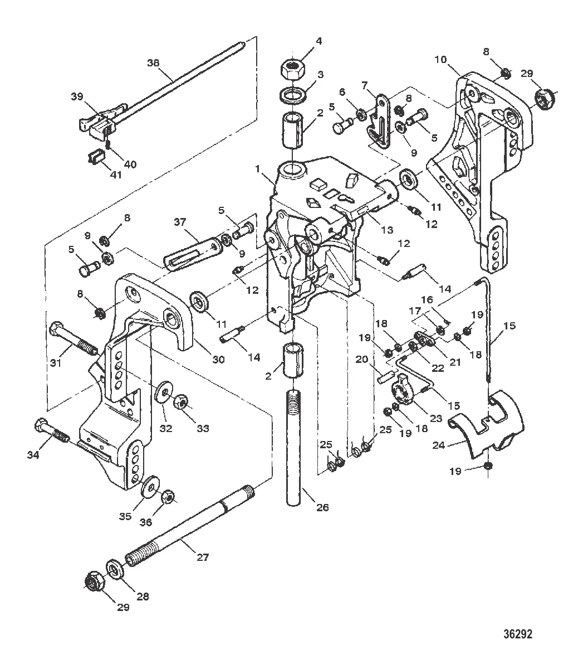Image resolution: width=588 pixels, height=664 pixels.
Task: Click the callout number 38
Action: tap(153, 62)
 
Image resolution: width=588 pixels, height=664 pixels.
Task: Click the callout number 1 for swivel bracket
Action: tap(257, 168)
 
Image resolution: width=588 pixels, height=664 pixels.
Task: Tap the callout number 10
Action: tap(440, 59)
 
